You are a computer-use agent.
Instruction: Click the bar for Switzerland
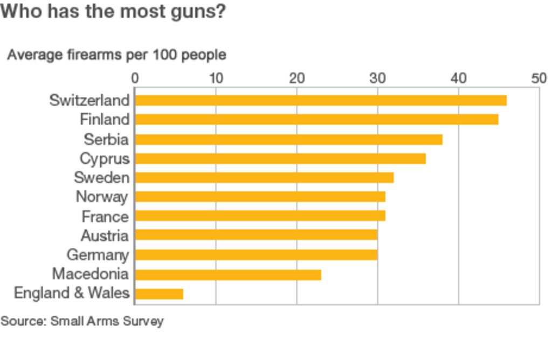tap(320, 100)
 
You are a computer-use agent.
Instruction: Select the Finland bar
tap(316, 119)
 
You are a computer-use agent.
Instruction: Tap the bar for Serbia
tap(288, 139)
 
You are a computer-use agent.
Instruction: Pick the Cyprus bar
tap(280, 158)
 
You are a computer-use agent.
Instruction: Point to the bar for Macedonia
tap(228, 274)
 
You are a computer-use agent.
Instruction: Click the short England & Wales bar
tap(159, 294)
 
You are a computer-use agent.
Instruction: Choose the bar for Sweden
tap(264, 177)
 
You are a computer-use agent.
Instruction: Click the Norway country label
tap(102, 197)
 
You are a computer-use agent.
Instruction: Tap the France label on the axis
tap(105, 217)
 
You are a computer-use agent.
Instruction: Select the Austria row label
tap(105, 236)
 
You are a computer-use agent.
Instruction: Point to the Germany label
tap(98, 254)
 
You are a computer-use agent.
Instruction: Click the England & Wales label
tap(72, 293)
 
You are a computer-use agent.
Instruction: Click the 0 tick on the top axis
tap(135, 79)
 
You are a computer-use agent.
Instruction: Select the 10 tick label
tap(216, 79)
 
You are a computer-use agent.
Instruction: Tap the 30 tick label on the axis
tap(377, 79)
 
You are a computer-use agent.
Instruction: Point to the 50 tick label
tap(539, 79)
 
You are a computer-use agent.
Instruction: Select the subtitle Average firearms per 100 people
tap(116, 55)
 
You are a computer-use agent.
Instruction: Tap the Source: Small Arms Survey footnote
tap(82, 322)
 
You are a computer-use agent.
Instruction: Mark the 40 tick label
tap(458, 79)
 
